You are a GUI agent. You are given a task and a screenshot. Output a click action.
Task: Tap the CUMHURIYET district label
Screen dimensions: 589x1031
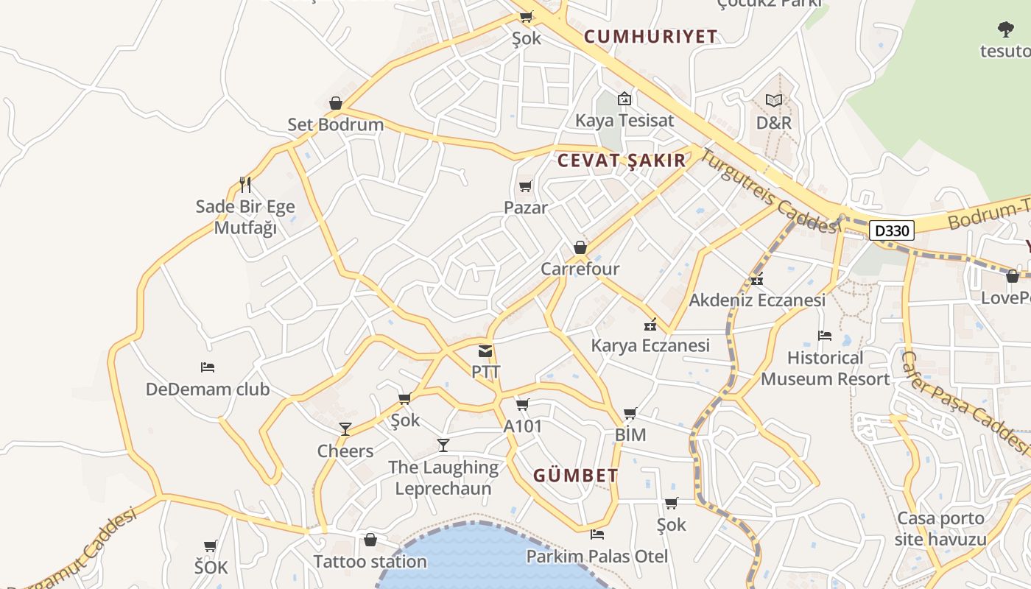pos(650,37)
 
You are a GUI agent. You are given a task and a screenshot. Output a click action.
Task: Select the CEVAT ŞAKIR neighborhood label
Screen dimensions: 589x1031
pos(621,161)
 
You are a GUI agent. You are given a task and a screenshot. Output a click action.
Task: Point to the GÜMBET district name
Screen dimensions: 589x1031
pos(575,476)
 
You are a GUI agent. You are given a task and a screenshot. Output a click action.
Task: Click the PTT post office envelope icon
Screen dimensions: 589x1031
pos(485,351)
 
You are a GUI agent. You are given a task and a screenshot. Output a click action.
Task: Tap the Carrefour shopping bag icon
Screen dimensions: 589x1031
pos(580,247)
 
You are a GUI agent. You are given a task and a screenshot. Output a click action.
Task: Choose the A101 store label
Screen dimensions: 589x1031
pos(523,426)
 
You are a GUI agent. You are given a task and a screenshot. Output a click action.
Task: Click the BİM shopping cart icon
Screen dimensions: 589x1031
pos(630,414)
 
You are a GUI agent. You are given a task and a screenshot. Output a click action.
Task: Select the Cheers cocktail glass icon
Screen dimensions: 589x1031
pos(345,429)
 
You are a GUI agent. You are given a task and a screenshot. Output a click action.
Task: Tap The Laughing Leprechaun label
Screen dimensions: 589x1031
pos(443,477)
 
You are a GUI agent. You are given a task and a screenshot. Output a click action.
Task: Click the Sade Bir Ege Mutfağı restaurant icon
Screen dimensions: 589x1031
pos(245,185)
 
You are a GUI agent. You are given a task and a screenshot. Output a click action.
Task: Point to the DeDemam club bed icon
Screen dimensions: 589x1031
pos(208,367)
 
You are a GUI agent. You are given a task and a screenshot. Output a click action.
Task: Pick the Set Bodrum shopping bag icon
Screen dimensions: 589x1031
pos(336,103)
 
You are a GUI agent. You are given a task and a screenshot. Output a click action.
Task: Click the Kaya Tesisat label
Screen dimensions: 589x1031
pos(624,120)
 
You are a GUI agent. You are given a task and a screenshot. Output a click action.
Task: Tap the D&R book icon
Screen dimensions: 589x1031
pos(773,100)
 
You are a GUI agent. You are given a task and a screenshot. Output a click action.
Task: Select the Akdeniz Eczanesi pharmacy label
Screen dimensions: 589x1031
pos(757,300)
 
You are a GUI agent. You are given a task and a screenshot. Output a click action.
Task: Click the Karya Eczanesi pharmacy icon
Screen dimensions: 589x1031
pos(650,324)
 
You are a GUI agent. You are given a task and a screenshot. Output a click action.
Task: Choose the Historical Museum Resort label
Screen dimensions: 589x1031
pos(825,369)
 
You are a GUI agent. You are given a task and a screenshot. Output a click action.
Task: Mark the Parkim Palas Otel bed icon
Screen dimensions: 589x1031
pos(597,535)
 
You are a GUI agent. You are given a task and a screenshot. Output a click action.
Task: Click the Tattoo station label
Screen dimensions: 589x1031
pos(370,562)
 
